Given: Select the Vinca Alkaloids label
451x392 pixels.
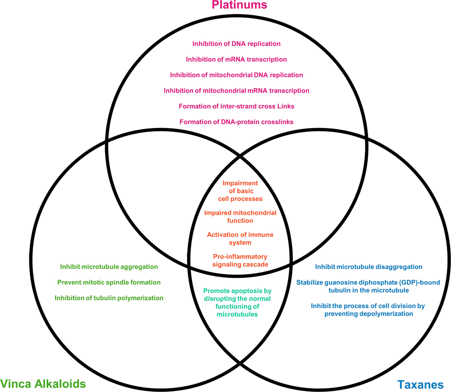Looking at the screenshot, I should point(43,383).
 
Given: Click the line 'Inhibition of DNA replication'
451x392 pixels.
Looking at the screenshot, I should point(236,43).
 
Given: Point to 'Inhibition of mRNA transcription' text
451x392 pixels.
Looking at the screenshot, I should point(236,59).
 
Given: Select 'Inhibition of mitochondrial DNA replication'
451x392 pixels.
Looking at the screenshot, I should point(236,75).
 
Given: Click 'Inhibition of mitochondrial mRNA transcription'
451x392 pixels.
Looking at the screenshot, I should point(236,91).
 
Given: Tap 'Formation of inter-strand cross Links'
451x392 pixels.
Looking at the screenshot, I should point(236,106).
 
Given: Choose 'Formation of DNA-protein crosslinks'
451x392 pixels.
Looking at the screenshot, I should point(236,122).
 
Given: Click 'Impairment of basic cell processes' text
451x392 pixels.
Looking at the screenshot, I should point(240,191).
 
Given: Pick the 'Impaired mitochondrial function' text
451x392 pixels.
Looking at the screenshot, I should point(240,217).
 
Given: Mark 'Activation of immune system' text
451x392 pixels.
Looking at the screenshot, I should point(240,239).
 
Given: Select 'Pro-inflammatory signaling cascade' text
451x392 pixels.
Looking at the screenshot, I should point(240,260).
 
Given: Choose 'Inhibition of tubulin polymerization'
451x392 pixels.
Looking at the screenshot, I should point(109,298).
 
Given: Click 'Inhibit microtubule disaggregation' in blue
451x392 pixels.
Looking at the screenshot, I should point(369,267).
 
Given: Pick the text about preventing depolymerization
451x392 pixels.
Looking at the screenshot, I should point(362,310).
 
